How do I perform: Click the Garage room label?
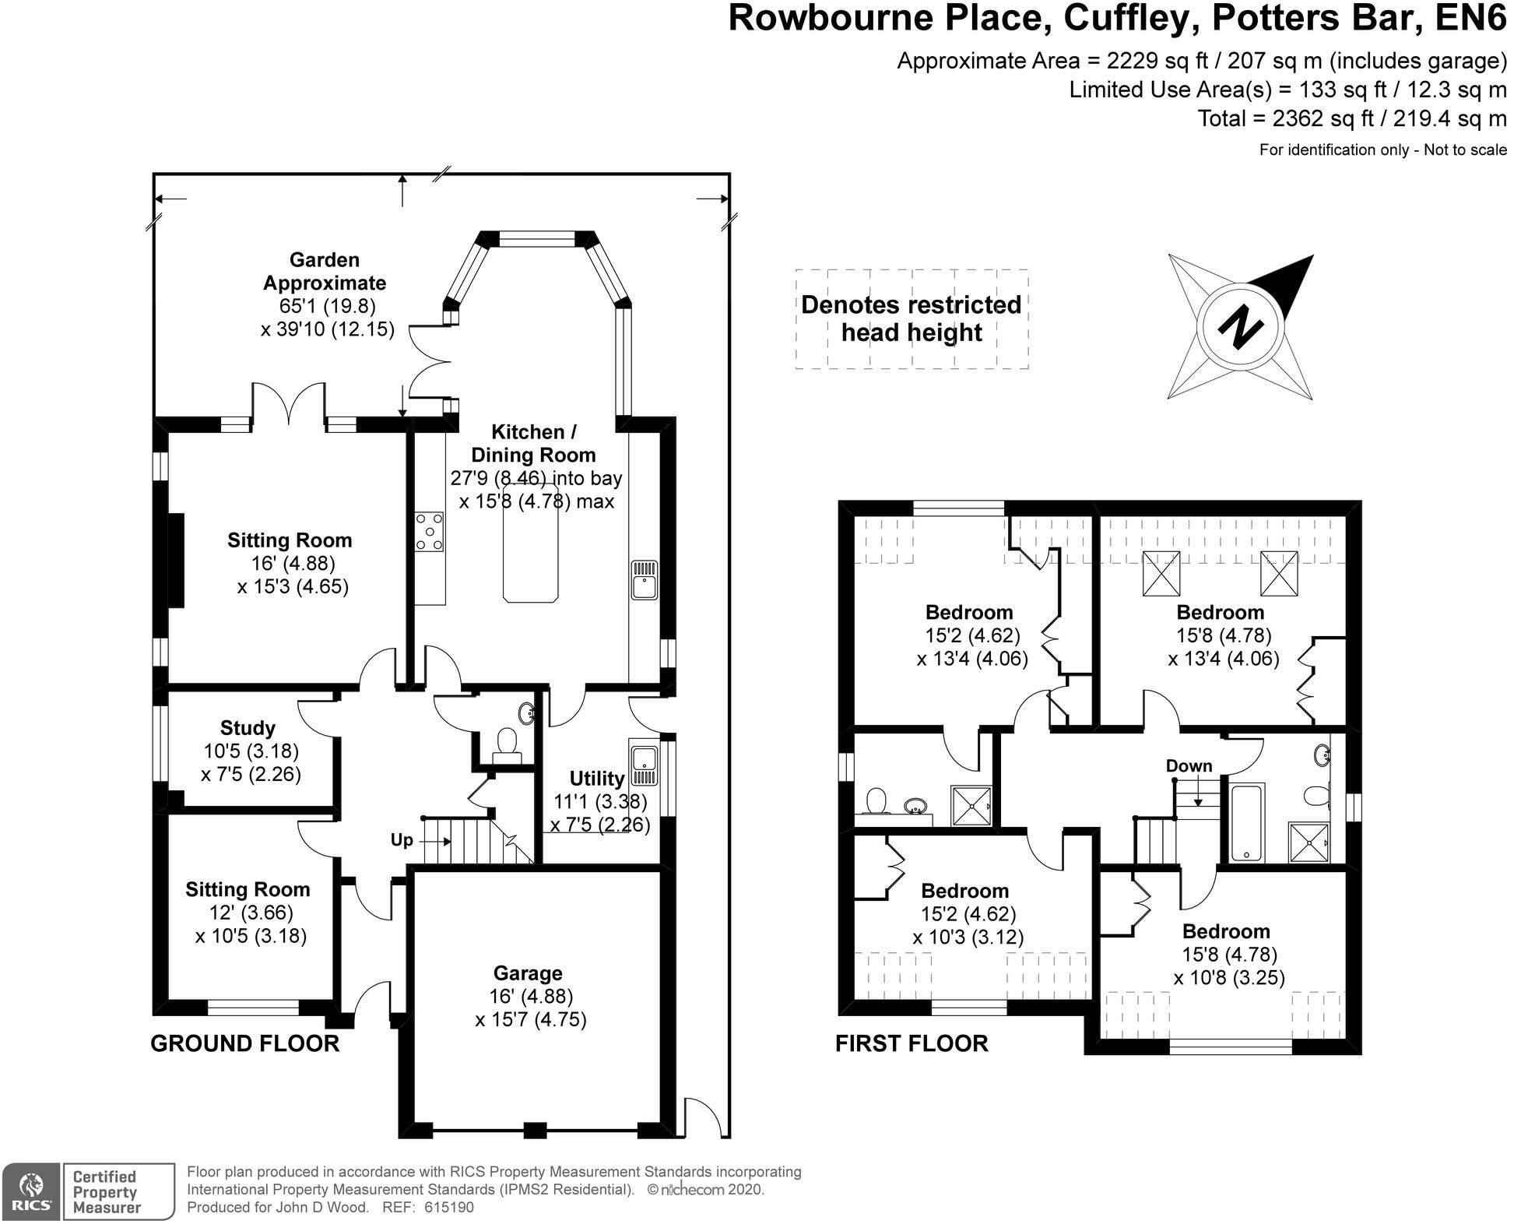[x=528, y=973]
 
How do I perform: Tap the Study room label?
[x=248, y=728]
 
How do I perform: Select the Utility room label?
[x=597, y=779]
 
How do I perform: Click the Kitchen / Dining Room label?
[x=533, y=443]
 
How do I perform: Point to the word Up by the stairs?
[x=402, y=841]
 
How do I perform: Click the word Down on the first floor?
[x=1189, y=766]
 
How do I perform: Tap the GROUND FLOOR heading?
[x=244, y=1044]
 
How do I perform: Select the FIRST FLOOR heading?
[x=912, y=1044]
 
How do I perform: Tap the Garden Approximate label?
[x=325, y=271]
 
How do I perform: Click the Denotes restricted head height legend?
[x=912, y=318]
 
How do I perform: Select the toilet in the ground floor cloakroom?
[x=507, y=741]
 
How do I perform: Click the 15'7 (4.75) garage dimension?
[x=531, y=1019]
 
